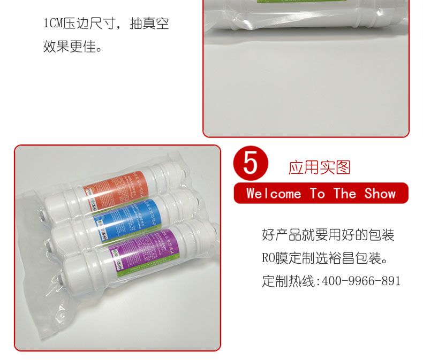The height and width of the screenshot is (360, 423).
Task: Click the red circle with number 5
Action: tap(250, 163)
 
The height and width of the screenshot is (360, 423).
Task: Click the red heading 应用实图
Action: tap(319, 167)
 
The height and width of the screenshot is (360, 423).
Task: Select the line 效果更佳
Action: tap(73, 47)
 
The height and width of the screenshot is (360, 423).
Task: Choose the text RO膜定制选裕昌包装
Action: tap(324, 258)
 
